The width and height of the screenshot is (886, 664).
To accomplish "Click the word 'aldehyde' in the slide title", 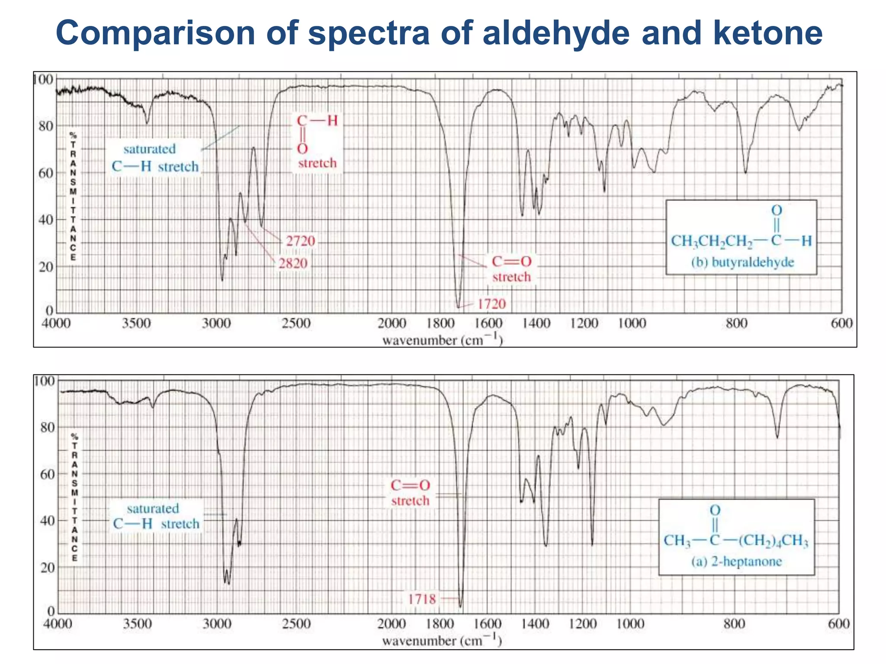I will [x=557, y=33].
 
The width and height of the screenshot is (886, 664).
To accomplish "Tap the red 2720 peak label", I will [x=300, y=241].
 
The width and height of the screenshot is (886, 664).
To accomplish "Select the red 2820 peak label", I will [x=293, y=263].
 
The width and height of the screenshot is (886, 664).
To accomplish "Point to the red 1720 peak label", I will [x=491, y=304].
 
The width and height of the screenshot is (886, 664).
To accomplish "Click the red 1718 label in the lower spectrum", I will [x=422, y=599].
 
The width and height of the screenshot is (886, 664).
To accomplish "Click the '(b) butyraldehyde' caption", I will [x=742, y=262].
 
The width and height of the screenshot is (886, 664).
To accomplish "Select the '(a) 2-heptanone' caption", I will [x=736, y=562].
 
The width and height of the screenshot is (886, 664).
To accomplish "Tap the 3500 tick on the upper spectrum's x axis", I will [x=136, y=323].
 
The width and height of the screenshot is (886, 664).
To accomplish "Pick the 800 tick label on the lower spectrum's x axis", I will [x=734, y=624].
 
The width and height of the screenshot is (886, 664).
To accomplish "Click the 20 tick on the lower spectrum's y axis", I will [x=47, y=568].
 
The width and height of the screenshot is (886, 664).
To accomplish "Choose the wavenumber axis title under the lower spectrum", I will [x=442, y=640].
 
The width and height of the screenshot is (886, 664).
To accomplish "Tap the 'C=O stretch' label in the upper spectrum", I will [x=511, y=269].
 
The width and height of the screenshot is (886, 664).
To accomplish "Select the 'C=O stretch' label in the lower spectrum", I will [x=410, y=493].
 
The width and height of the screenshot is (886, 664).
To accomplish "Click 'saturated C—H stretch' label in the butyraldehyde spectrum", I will [x=155, y=158].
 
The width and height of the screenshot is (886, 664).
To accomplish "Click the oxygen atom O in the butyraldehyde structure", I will [x=777, y=211].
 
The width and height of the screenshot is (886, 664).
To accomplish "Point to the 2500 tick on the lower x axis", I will [x=296, y=624].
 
